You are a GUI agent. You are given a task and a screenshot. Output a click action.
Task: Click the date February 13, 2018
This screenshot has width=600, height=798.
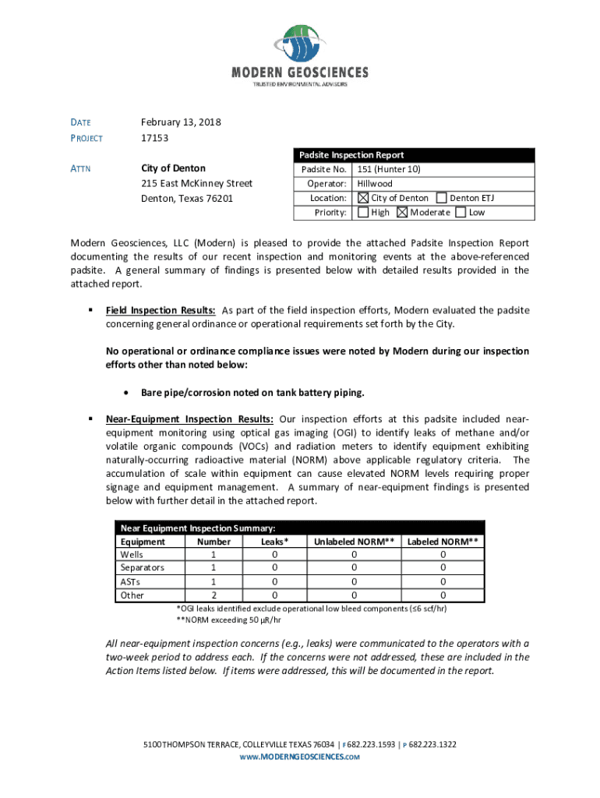tap(181, 122)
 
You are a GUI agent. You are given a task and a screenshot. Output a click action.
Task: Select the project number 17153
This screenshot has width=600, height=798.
tap(154, 138)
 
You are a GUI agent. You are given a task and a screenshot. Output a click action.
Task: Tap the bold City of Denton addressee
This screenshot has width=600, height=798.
tap(173, 168)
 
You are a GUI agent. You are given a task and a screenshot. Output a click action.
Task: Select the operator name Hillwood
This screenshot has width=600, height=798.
tap(375, 184)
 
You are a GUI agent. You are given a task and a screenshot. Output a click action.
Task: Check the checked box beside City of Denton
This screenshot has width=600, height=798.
tap(363, 198)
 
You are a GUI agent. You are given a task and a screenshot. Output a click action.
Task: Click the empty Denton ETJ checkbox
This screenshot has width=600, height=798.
tap(442, 198)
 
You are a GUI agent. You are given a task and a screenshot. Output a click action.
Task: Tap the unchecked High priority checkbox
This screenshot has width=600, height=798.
tap(363, 212)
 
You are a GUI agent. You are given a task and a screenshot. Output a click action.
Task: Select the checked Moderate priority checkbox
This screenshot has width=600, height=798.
tap(402, 212)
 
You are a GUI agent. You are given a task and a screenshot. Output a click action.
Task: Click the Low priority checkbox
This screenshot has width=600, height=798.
tap(461, 212)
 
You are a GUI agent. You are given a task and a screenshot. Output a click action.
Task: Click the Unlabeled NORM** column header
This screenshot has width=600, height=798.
tap(354, 542)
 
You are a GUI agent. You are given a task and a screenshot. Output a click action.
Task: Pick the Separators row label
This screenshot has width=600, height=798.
tap(141, 567)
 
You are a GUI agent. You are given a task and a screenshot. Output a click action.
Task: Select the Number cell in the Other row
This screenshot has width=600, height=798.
tap(214, 595)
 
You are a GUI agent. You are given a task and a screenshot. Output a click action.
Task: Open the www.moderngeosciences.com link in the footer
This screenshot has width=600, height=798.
tap(299, 757)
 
